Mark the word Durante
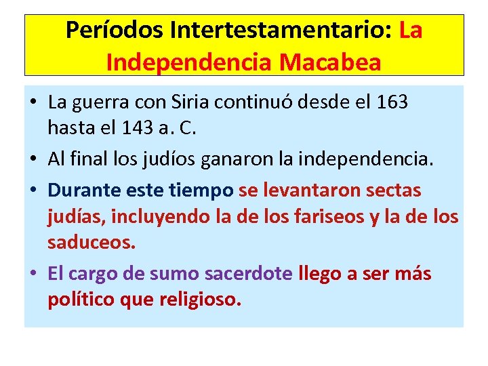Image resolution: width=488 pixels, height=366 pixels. coord(83,191)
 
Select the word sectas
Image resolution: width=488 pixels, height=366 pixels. coord(393,191)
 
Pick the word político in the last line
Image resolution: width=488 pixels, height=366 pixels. coord(80,300)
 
